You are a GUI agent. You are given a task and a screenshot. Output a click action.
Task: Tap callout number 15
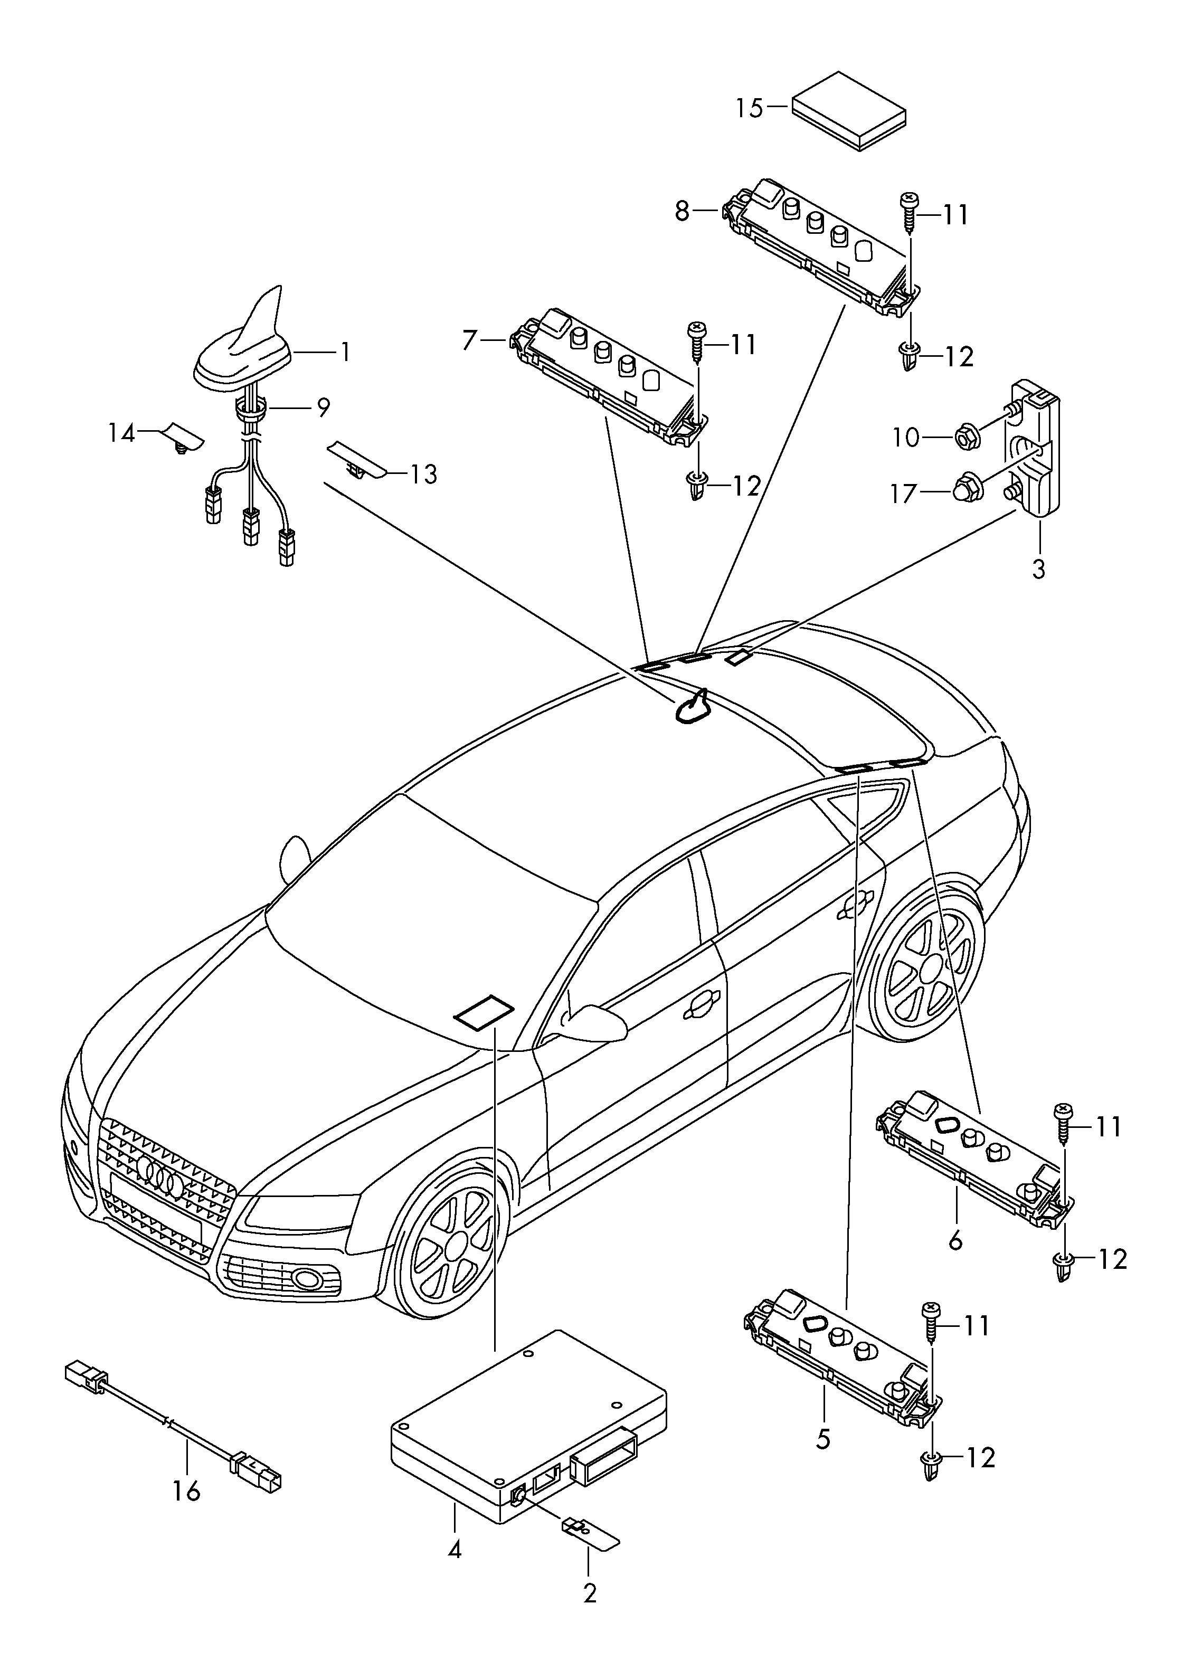click(x=749, y=108)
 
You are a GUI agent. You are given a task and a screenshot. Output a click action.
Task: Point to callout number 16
click(x=187, y=1489)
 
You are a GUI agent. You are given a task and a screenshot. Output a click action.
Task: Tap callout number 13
click(x=423, y=474)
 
